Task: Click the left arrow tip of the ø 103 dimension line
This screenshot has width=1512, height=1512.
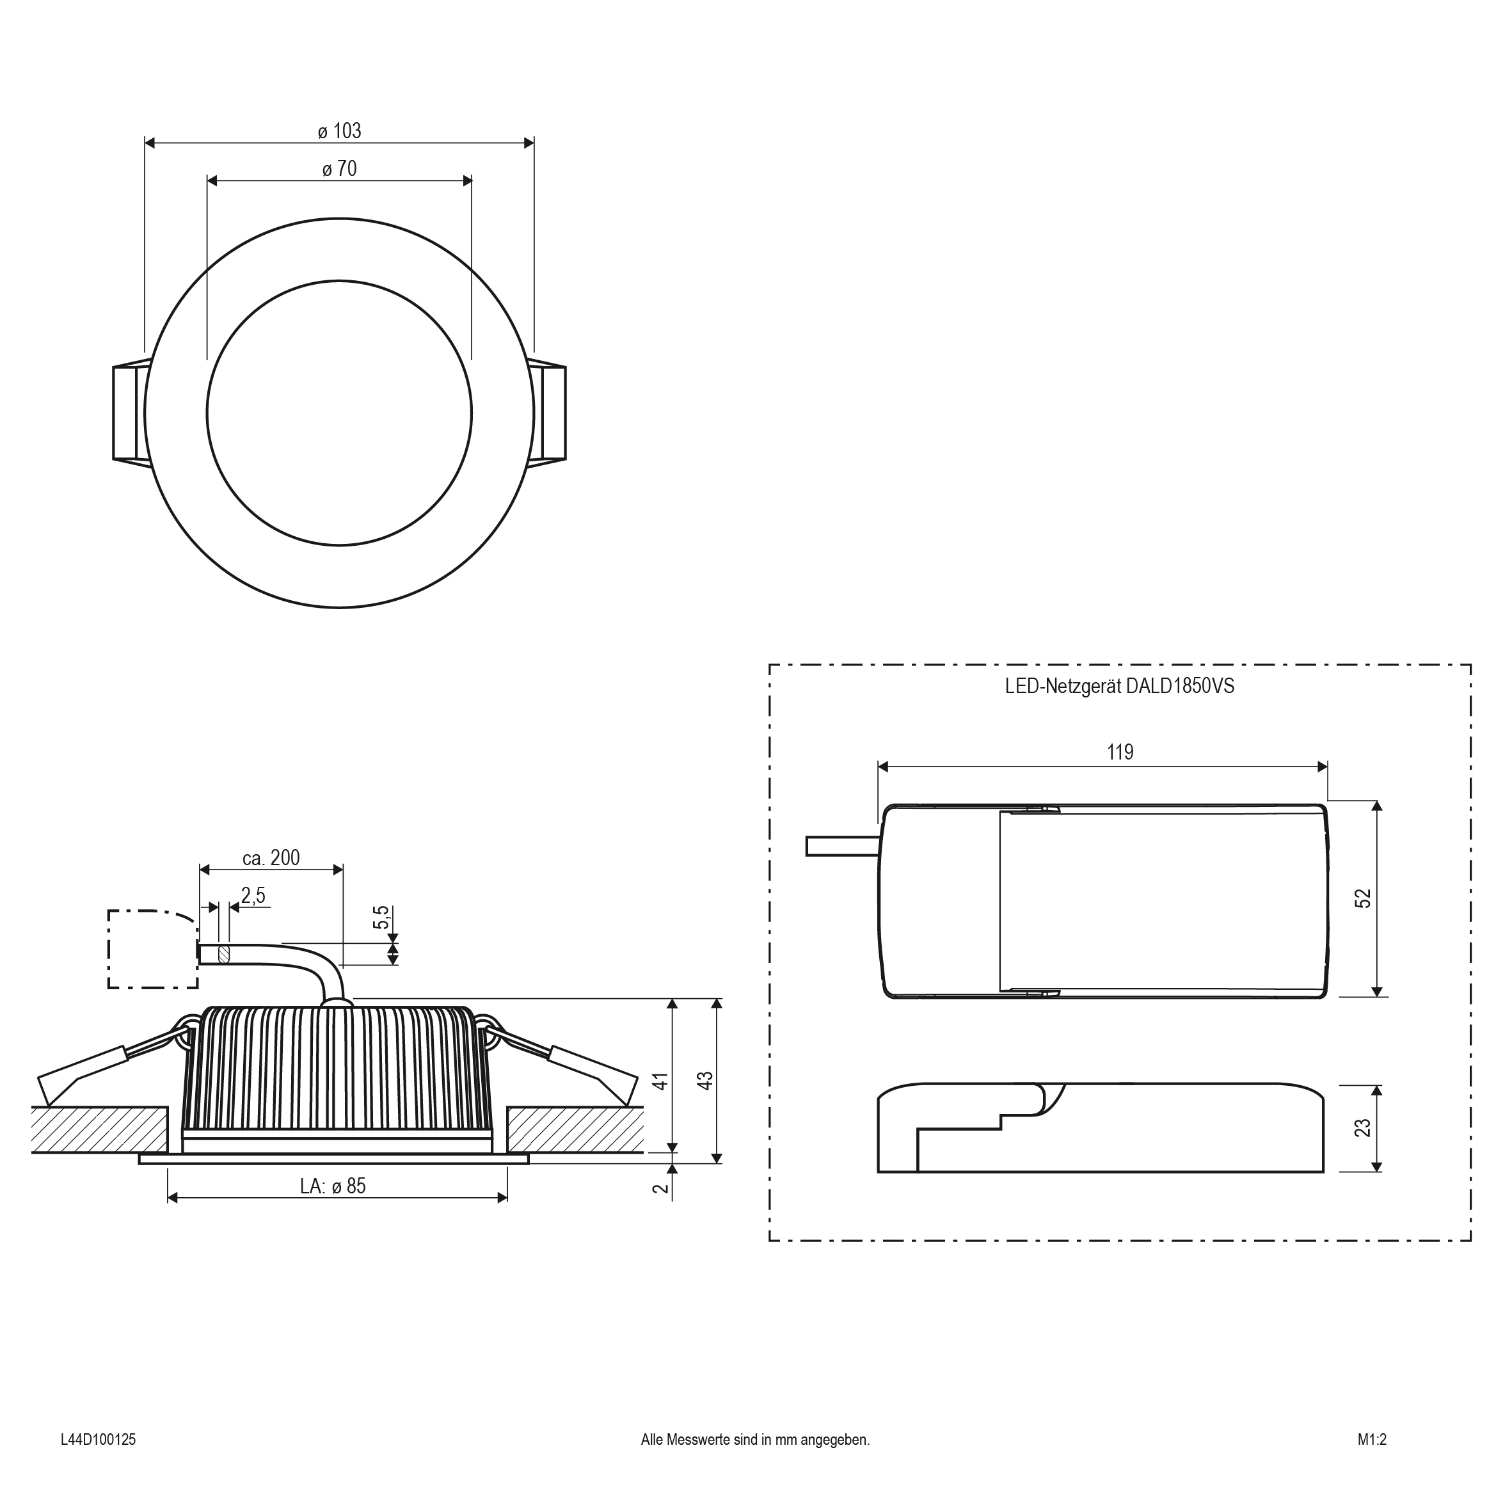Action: [x=145, y=143]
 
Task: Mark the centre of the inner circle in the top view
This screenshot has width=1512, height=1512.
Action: [x=340, y=413]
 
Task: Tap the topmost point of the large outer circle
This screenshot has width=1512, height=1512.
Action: [x=340, y=218]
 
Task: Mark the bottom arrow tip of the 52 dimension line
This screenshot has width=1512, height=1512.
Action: [x=1378, y=997]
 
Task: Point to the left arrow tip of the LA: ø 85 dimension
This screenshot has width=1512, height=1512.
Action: [x=168, y=1197]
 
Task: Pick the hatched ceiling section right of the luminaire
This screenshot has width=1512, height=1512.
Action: [x=575, y=1130]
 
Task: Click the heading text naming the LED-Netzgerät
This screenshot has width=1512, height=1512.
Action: [x=1120, y=687]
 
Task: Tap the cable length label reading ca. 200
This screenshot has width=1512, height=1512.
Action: [x=271, y=858]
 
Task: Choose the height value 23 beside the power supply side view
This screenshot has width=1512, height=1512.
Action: [x=1362, y=1127]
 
